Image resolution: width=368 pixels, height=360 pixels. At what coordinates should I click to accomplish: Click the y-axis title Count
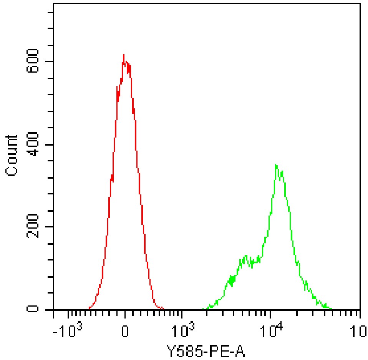point(12,155)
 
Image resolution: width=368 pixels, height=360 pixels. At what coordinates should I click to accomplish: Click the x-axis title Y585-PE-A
point(206,350)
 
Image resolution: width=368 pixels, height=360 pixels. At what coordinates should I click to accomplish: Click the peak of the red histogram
point(123,55)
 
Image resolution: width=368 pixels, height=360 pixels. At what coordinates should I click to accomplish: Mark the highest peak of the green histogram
point(276,165)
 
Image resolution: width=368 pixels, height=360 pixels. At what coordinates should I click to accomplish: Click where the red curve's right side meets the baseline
point(163,309)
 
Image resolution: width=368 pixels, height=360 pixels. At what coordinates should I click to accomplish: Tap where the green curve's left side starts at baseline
point(203,309)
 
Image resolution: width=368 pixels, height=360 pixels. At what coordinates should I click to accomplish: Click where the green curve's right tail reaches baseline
point(331,309)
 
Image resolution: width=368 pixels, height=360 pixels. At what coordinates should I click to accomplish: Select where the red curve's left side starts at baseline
point(89,309)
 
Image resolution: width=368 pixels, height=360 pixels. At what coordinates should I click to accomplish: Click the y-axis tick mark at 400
point(50,145)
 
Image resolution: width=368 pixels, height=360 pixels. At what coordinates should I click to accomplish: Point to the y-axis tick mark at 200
point(50,227)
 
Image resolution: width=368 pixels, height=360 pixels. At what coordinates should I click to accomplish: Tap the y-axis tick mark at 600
point(50,61)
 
